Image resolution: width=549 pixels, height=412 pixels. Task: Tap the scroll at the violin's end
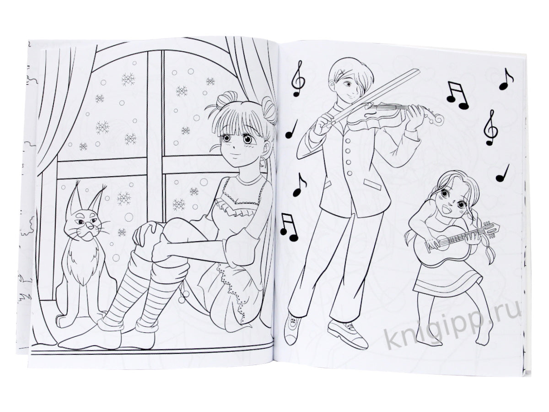437,119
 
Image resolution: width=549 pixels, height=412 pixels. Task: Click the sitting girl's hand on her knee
144,233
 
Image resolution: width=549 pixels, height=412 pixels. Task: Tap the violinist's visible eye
347,85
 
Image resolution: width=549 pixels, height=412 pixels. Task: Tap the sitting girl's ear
266,150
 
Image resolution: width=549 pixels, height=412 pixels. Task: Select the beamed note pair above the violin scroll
457,95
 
